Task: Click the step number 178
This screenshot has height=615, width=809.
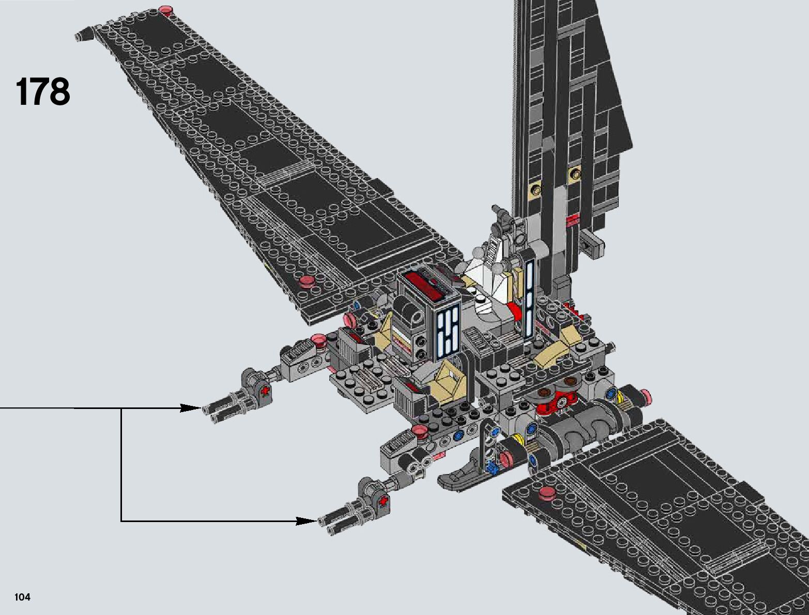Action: pos(43,92)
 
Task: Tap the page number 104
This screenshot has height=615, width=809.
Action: pos(23,597)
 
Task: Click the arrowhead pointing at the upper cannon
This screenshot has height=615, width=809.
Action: pos(190,408)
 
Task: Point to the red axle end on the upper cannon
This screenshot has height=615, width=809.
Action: pos(266,391)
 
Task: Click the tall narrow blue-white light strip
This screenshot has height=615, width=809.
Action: pos(529,299)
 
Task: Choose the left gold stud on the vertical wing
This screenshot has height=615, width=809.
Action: pos(535,189)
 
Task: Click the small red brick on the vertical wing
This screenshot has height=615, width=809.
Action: pos(572,222)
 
